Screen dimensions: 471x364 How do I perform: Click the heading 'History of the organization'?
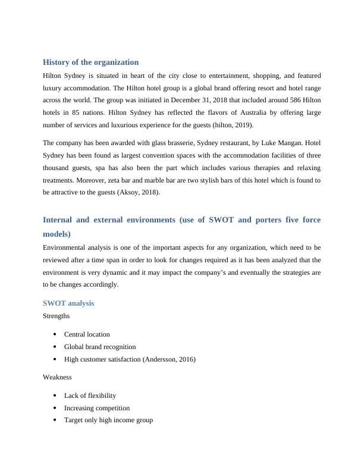[91, 62]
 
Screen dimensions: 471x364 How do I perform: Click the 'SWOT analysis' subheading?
[68, 303]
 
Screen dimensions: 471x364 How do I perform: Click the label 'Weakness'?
[57, 377]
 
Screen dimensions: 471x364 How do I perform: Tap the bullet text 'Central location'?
[87, 334]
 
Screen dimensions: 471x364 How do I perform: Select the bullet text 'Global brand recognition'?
[100, 347]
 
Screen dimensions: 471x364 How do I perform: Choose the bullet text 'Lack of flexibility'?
[90, 395]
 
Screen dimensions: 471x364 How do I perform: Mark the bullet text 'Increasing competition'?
[97, 408]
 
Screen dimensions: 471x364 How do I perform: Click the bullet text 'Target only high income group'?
[108, 420]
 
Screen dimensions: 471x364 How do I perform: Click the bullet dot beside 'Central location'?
[55, 334]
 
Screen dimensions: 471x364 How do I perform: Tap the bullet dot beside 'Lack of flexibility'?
[55, 395]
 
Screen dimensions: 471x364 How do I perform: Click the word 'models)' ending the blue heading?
[57, 234]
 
